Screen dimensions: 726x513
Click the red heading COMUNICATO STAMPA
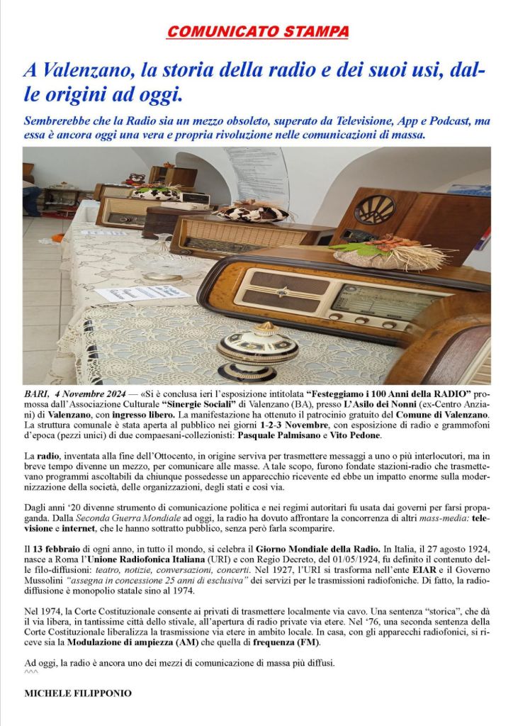[258, 32]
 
